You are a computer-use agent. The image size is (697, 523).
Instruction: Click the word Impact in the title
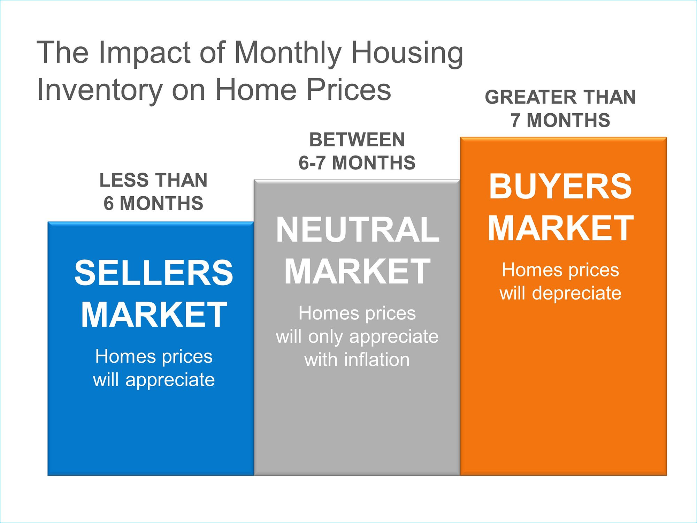click(x=144, y=53)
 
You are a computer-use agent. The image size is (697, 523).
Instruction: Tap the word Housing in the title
click(x=407, y=53)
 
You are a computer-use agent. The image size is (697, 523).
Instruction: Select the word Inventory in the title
click(x=100, y=90)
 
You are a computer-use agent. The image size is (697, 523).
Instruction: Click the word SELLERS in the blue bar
click(x=154, y=273)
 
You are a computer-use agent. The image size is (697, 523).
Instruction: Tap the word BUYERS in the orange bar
click(x=560, y=186)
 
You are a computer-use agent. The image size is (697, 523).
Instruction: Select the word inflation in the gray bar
click(x=377, y=359)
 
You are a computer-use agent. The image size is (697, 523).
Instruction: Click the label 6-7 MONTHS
click(x=357, y=163)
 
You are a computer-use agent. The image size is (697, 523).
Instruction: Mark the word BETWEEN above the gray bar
click(x=357, y=140)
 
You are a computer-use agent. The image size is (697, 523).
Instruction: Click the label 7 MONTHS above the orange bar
click(x=560, y=120)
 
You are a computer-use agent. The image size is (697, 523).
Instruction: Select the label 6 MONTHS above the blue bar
click(x=153, y=203)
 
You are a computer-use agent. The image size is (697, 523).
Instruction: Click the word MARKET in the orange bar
click(x=560, y=228)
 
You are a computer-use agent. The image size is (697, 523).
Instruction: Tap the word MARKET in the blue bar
click(x=154, y=314)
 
